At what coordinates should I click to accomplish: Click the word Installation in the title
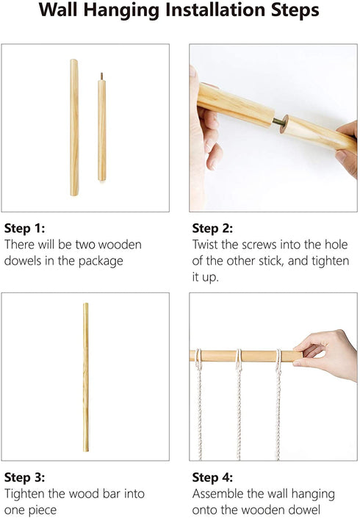click(x=217, y=10)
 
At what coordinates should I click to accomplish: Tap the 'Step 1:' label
click(x=25, y=229)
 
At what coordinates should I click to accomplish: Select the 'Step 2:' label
click(x=213, y=229)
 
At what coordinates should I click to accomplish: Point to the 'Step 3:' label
click(x=25, y=478)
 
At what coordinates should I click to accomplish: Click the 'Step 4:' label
click(x=213, y=478)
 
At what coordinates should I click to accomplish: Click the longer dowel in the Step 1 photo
click(x=74, y=128)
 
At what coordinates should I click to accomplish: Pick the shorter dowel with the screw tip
click(x=101, y=127)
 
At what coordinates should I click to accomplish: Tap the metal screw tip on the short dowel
click(x=101, y=76)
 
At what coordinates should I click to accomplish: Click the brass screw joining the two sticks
click(x=278, y=122)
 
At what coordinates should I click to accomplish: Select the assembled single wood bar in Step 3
click(x=85, y=377)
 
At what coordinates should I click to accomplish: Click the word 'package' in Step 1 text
click(x=101, y=262)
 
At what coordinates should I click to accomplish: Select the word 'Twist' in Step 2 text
click(x=205, y=245)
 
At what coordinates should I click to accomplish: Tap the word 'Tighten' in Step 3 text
click(x=25, y=494)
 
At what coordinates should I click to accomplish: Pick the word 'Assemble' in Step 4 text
click(x=218, y=494)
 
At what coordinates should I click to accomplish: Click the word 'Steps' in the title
click(x=295, y=10)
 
